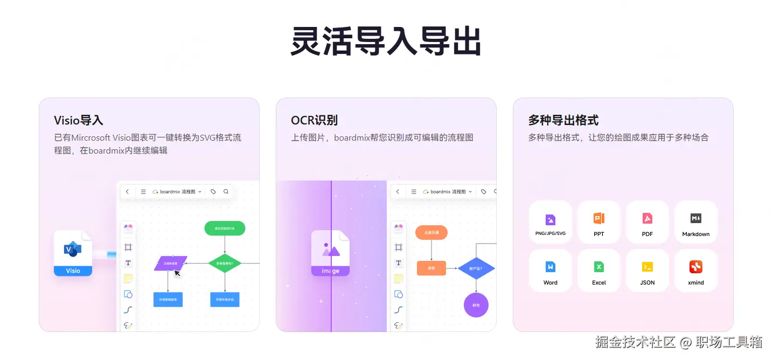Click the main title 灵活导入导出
386,41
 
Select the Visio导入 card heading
79,120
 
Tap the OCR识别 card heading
315,120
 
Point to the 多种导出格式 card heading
563,120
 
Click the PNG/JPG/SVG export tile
550,223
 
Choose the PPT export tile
598,223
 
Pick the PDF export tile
647,223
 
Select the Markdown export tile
695,223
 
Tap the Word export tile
550,271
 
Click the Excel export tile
598,271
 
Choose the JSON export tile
647,271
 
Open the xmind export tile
695,271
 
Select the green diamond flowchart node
225,264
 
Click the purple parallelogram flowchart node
170,263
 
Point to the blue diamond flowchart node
476,268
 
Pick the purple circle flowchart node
476,305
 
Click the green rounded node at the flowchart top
225,228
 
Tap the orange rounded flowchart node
431,232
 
